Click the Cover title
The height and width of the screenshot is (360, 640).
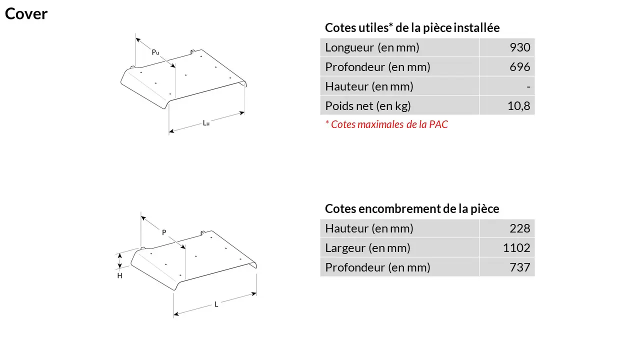coord(26,13)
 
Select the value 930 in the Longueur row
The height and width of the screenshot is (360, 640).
coord(519,47)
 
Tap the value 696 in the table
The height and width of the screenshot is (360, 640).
coord(519,67)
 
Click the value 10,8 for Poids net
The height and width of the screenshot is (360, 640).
coord(518,106)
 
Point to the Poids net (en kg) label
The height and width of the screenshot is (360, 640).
coord(368,106)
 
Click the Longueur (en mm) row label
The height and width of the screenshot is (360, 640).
coord(372,47)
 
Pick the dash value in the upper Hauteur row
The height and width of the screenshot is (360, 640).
coord(528,86)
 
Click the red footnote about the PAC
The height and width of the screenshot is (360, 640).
coord(386,124)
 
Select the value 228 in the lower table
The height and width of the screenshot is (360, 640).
coord(519,228)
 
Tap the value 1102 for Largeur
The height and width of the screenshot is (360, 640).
coord(516,247)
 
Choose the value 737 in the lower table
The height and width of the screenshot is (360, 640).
coord(519,267)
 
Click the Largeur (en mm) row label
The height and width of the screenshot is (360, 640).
coord(367,248)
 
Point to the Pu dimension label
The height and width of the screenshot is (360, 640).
coord(155,52)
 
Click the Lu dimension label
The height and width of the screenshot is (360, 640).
coord(206,123)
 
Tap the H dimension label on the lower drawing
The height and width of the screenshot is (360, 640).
coord(119,275)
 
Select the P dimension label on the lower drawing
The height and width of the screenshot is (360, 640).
coord(164,232)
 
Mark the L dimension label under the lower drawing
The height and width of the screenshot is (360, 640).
coord(216,304)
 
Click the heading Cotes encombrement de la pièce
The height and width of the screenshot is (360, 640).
coord(412,209)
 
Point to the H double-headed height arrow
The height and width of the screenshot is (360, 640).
coord(119,261)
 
